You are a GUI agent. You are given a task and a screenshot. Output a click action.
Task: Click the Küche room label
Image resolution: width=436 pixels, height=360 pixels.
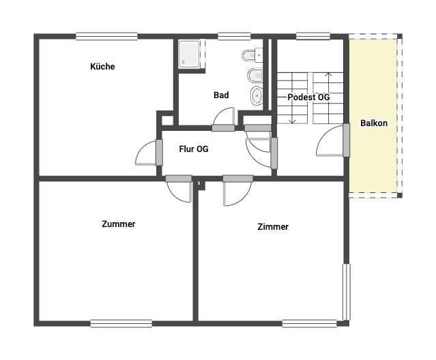(102, 66)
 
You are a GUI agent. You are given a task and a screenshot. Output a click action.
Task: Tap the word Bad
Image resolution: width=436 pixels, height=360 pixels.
(221, 95)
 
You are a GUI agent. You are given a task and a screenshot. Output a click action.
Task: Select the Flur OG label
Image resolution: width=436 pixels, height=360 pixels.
(194, 149)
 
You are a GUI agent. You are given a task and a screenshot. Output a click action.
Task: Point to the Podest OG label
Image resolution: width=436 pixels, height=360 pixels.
(308, 97)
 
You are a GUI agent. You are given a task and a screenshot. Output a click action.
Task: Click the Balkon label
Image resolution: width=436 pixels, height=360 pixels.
(374, 123)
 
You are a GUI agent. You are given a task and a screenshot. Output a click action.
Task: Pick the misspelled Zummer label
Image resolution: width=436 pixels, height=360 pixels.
(119, 224)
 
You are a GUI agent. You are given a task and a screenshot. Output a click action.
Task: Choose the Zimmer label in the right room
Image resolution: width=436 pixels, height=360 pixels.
(273, 226)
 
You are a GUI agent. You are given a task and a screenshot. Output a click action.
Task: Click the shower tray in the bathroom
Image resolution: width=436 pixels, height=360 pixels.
(189, 54)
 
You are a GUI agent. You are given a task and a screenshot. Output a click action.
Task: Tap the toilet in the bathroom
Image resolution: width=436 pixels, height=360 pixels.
(252, 55)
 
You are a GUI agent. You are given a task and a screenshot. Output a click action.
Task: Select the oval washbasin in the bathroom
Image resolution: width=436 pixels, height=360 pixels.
(256, 96)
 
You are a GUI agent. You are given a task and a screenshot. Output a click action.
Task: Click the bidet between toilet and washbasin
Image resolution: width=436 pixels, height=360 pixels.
(255, 75)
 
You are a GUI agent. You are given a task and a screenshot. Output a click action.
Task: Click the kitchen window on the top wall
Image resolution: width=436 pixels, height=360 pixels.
(106, 36)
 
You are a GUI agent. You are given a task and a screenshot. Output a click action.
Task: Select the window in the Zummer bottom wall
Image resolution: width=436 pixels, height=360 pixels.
(121, 324)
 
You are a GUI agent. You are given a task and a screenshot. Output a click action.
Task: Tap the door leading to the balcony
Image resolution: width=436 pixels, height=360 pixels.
(346, 140)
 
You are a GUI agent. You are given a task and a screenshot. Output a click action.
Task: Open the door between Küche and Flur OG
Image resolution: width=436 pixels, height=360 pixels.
(159, 153)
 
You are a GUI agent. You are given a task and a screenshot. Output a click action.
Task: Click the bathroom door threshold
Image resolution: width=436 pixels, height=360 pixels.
(223, 128)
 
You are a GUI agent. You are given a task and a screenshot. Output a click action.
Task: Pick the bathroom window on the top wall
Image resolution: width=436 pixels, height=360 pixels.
(234, 36)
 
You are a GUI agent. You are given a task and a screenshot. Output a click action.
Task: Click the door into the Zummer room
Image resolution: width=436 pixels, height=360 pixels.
(179, 179)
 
